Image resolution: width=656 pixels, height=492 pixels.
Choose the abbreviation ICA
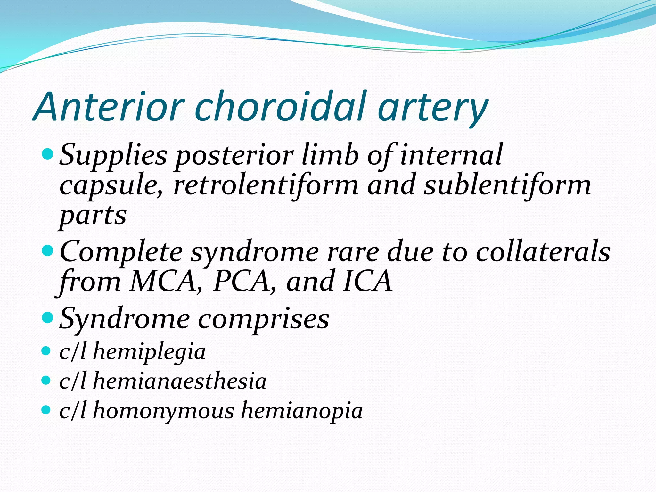367,281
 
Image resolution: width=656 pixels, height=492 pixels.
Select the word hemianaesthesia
180,381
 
